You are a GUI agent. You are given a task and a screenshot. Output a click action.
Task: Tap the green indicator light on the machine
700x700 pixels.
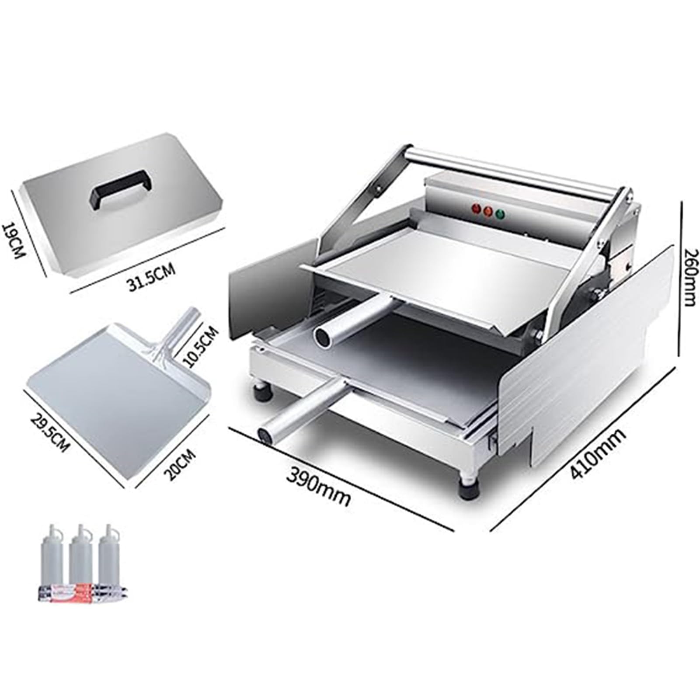500,214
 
